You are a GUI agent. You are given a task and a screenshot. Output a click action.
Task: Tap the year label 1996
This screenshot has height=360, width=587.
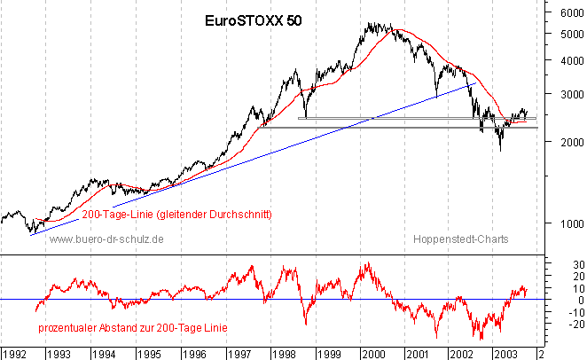point(194,352)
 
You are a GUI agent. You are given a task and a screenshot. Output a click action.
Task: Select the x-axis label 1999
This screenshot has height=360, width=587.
point(329,352)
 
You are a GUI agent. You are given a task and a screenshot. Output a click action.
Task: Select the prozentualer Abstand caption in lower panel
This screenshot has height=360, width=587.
point(132,328)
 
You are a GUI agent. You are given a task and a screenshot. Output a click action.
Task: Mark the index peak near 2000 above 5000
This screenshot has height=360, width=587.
point(371,24)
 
